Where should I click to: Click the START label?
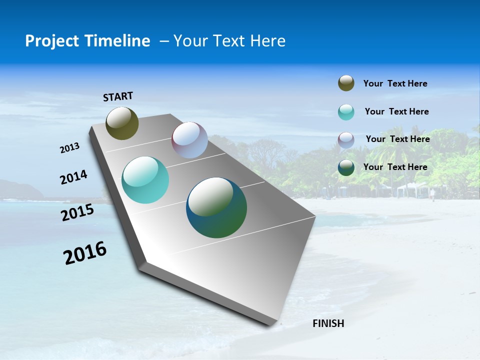point(118,96)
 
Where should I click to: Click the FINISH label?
point(328,323)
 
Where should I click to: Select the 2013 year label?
point(70,148)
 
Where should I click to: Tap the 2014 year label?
point(74,177)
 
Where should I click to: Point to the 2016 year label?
point(85,253)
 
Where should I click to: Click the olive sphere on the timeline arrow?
point(122,123)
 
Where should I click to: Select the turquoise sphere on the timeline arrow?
point(145,180)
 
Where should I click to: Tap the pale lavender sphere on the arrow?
point(189,140)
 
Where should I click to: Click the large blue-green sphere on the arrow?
point(216,207)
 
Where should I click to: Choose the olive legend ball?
point(346,83)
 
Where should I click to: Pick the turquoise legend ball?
point(346,112)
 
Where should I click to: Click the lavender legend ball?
point(346,139)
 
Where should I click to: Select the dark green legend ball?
point(346,167)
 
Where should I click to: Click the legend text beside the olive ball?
point(395,83)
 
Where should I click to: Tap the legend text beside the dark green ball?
point(395,167)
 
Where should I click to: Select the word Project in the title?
point(50,41)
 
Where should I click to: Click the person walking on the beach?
point(432,194)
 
